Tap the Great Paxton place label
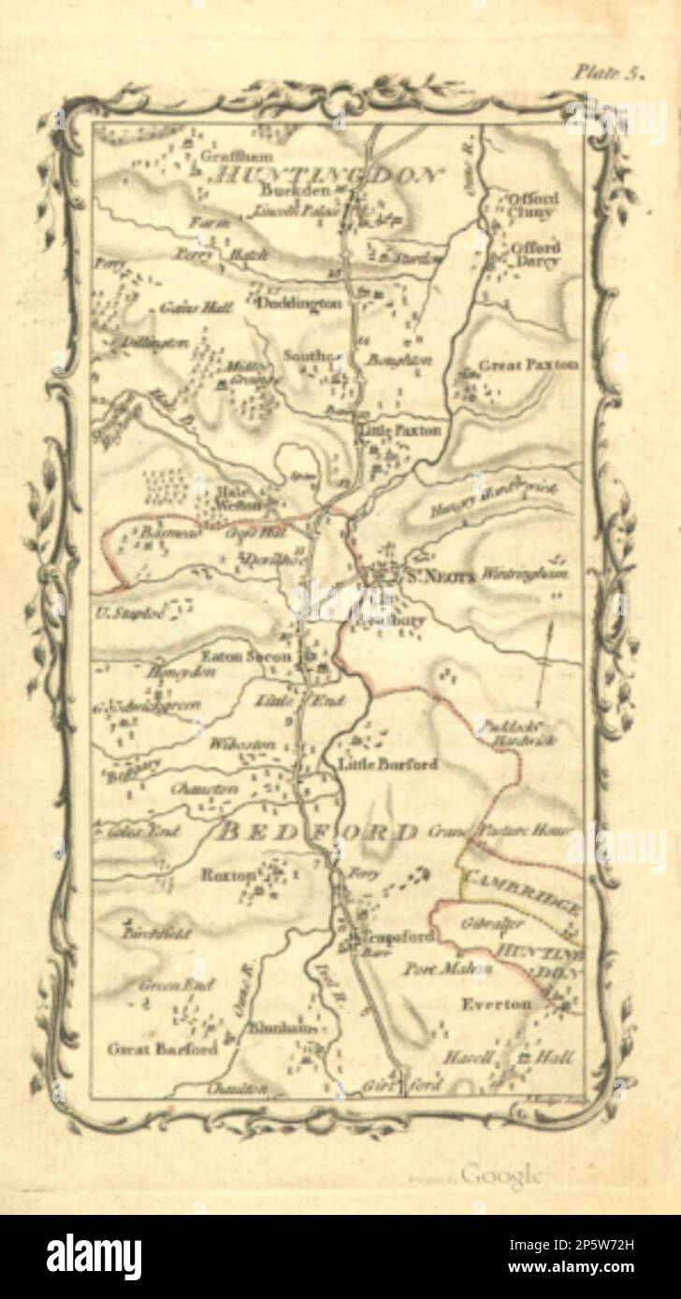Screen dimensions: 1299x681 [528, 364]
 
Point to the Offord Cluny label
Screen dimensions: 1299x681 [533, 206]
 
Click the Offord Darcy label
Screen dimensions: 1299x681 [534, 254]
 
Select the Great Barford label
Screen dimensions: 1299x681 [163, 1048]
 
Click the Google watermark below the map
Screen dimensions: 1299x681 [500, 1174]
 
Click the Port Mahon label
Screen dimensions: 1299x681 [447, 967]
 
